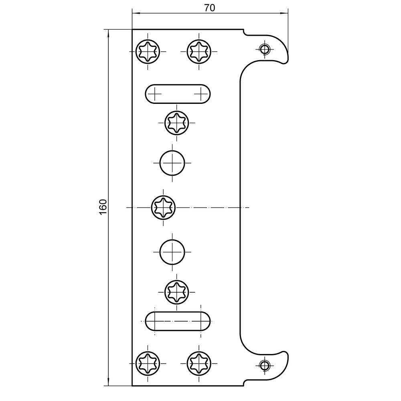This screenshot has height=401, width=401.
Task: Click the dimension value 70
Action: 210,8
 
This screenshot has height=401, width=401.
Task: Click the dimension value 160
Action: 103,207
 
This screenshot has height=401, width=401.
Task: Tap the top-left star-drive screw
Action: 148,51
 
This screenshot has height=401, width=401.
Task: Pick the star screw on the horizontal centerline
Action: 163,207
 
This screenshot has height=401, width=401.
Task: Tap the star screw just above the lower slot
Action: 177,292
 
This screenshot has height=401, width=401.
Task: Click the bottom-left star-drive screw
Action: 148,363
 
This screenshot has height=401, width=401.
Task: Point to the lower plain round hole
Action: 172,252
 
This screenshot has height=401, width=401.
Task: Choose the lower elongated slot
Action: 178,321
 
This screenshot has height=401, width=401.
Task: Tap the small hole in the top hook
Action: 264,49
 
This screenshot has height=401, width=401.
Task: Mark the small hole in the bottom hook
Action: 264,365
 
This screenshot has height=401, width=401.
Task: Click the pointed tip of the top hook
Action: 288,61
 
